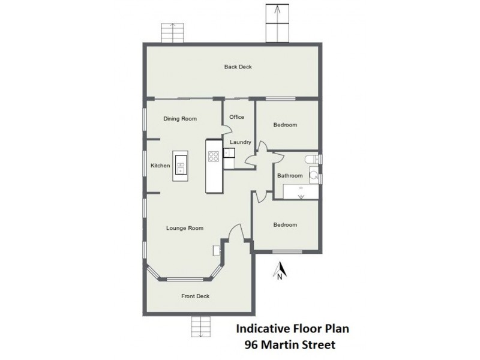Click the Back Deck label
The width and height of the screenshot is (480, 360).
coord(238,67)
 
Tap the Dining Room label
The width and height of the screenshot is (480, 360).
coord(180,119)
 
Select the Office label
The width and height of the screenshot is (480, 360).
coord(236,117)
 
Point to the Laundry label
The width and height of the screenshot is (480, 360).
coord(240,142)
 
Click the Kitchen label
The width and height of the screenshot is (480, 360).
coord(160,166)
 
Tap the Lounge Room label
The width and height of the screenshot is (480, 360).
coord(184,228)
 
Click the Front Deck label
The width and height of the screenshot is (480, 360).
coord(195,296)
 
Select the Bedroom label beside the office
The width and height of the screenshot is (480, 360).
coord(285,125)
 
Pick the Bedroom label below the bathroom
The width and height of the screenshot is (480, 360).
coord(285,225)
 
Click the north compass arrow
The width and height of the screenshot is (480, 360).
coord(279,271)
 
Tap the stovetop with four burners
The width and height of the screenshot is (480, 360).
coord(214,156)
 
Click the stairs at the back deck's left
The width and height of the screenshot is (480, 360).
coord(172,32)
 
